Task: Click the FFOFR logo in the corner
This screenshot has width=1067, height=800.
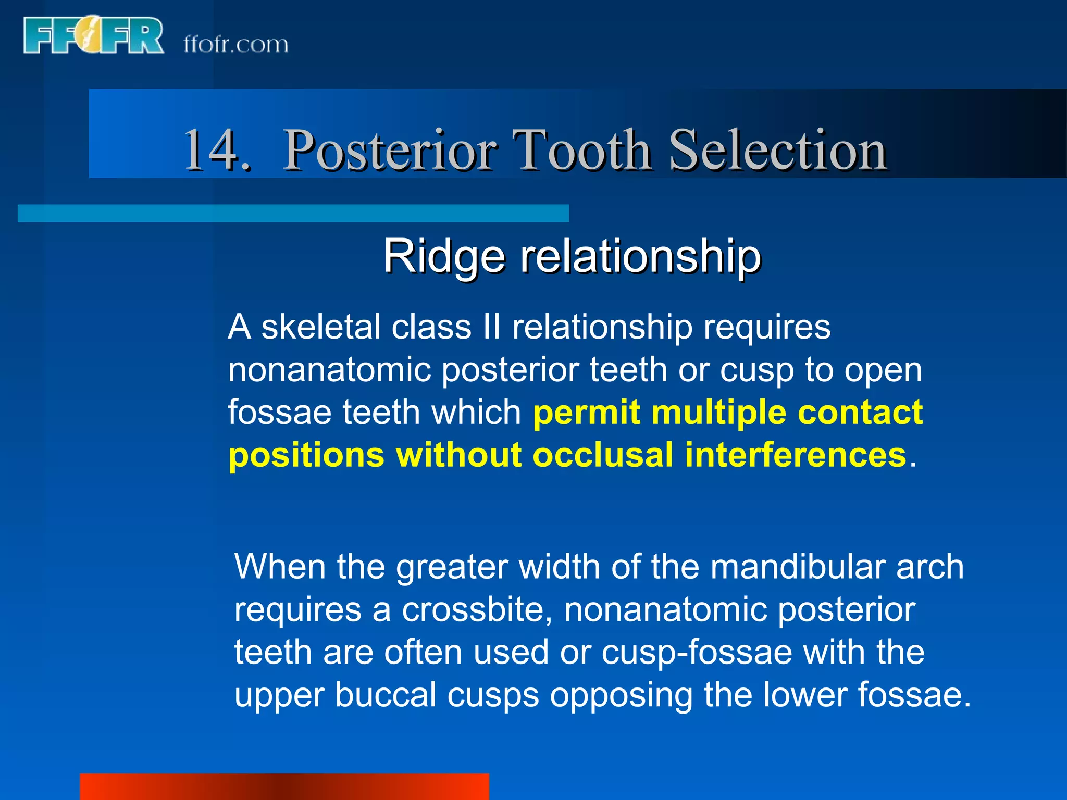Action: pyautogui.click(x=93, y=35)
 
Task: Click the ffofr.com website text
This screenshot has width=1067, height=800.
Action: pyautogui.click(x=235, y=45)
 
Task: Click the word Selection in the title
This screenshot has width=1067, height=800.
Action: pyautogui.click(x=778, y=151)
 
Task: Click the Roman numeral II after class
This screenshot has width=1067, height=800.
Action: pyautogui.click(x=491, y=327)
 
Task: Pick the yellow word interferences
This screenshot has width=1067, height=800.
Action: pyautogui.click(x=796, y=455)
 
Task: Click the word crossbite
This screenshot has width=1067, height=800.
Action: pyautogui.click(x=477, y=609)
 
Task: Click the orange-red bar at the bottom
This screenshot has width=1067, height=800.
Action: pyautogui.click(x=284, y=786)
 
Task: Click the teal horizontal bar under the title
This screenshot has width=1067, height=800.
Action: pyautogui.click(x=293, y=214)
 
